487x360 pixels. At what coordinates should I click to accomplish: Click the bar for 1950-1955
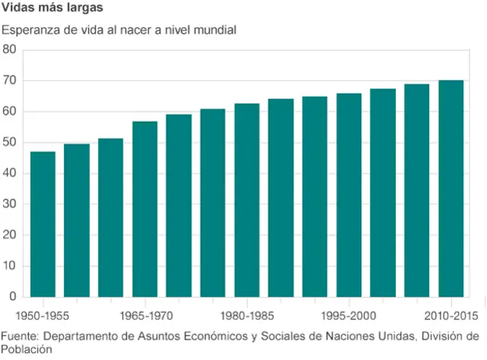point(43,225)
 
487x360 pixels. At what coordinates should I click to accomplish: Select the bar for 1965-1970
point(145,209)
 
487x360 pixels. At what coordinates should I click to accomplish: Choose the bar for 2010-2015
point(451,189)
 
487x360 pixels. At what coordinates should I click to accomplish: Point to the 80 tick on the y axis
point(10,49)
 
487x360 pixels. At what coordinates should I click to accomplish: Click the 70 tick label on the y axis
point(10,81)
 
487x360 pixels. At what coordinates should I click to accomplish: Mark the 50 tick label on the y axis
point(10,142)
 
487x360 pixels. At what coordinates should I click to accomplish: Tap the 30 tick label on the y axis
point(10,204)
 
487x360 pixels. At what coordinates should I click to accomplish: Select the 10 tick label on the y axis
point(10,266)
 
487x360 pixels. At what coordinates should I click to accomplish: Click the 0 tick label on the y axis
point(13,297)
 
